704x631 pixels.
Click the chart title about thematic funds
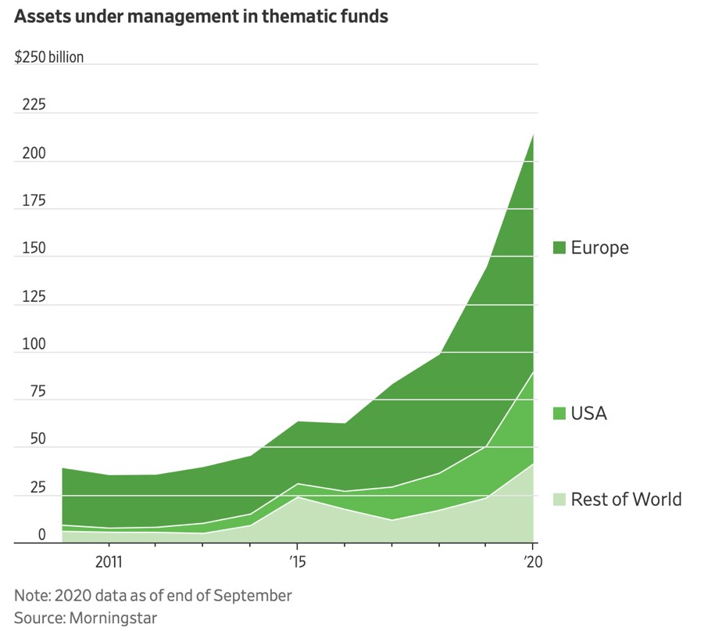coord(202,16)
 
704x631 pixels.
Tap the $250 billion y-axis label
coord(49,57)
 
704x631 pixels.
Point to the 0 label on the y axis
coord(20,536)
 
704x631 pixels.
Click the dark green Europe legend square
coord(559,248)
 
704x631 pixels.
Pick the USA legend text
coord(588,413)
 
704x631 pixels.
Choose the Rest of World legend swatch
coord(559,499)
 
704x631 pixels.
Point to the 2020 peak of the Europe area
coord(533,134)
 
